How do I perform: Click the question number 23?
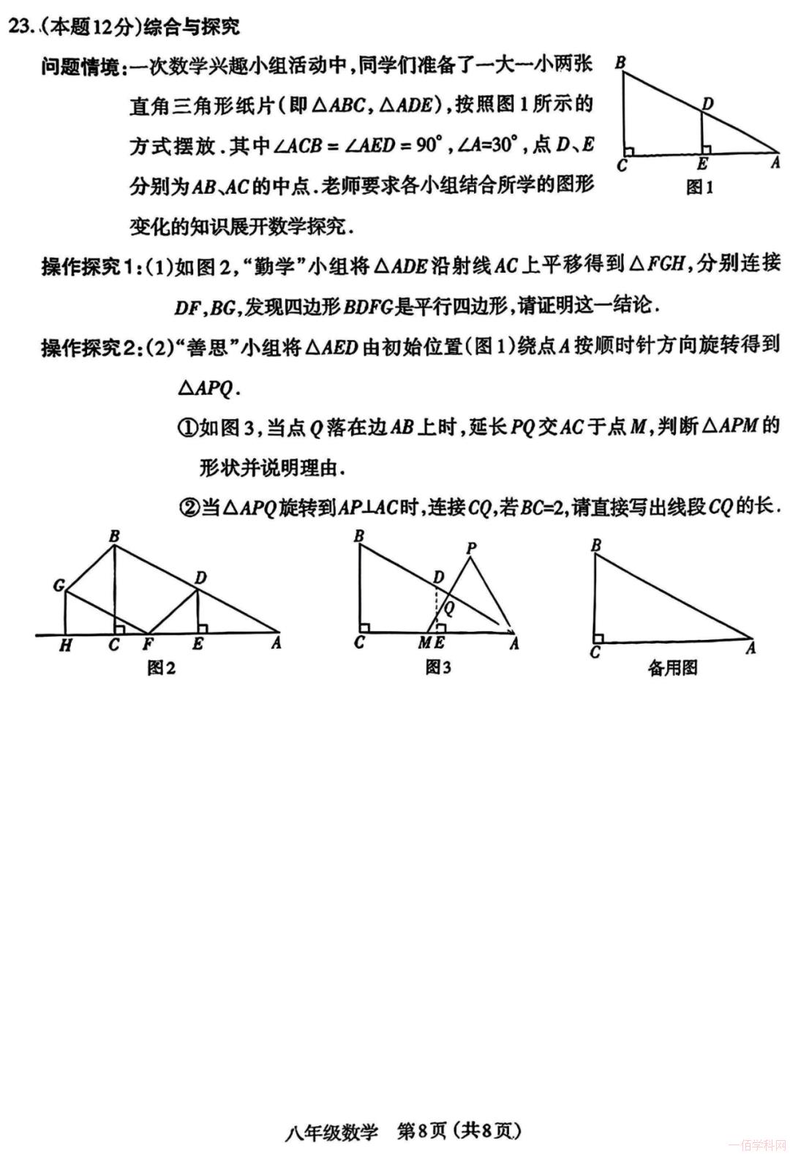tap(19, 28)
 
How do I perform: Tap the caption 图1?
tap(699, 188)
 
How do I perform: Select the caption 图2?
tap(161, 668)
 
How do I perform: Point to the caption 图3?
tap(438, 668)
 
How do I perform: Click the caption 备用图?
tap(672, 668)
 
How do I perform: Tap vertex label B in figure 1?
tap(620, 63)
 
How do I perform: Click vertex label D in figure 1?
tap(707, 105)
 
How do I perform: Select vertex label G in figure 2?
tap(59, 585)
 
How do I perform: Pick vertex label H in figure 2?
tap(65, 646)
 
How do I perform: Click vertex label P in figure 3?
tap(471, 548)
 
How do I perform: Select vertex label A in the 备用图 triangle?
tap(750, 648)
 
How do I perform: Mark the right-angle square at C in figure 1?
tap(630, 151)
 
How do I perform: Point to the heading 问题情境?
tap(80, 68)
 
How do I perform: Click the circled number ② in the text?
tap(189, 506)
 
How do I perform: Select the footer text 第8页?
tap(421, 1131)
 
